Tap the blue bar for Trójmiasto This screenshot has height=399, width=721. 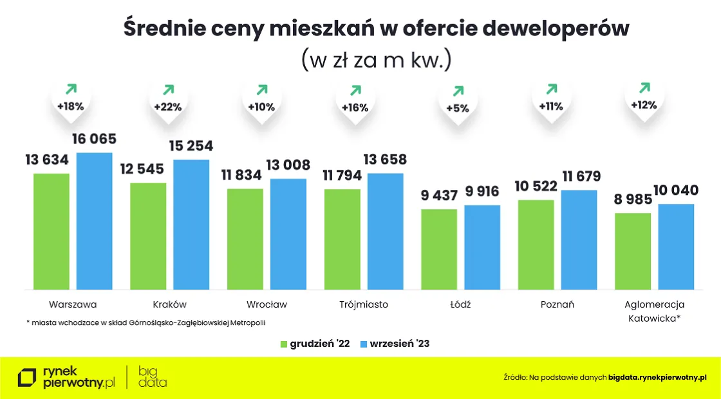tap(385, 231)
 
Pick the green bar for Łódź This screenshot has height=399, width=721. tap(439, 249)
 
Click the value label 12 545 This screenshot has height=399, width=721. tap(142, 170)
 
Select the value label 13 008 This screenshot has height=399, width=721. tap(288, 165)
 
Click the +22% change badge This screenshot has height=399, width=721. tap(167, 107)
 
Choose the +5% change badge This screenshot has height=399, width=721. tap(458, 108)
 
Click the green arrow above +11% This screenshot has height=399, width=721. tap(551, 89)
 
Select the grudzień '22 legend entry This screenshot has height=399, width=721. tap(315, 344)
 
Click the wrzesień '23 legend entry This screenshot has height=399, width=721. tap(394, 344)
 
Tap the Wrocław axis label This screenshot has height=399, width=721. tap(267, 304)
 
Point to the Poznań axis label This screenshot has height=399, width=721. tap(557, 304)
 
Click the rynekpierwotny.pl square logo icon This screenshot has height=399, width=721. tap(27, 378)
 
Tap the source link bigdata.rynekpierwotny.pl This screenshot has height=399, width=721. tap(657, 378)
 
